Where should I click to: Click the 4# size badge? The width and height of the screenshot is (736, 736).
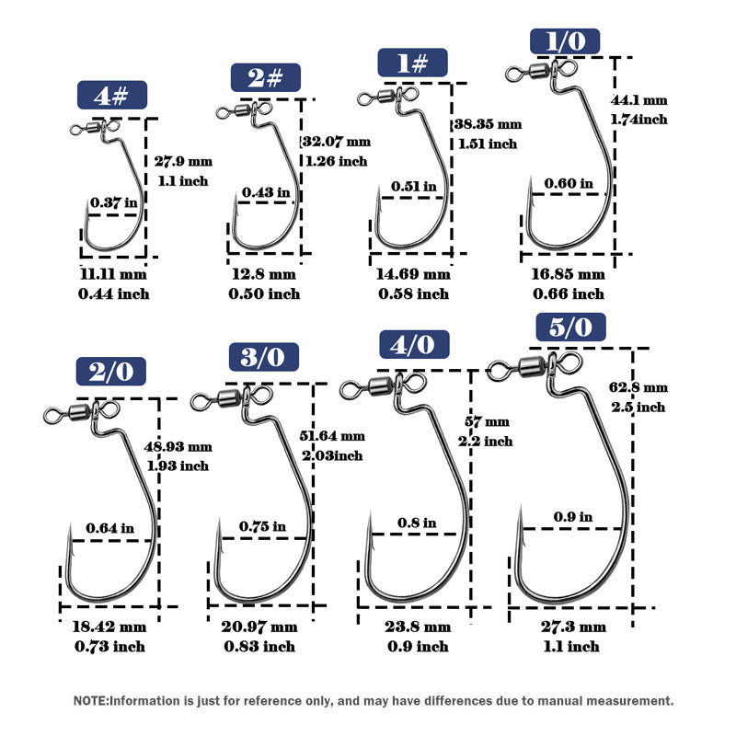coord(112,96)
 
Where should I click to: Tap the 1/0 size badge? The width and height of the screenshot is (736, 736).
coord(565,41)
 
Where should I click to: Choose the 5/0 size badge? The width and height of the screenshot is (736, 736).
coord(571,327)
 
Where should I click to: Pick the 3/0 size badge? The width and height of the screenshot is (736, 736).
coord(264,356)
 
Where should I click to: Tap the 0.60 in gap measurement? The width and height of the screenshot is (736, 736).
coord(569,183)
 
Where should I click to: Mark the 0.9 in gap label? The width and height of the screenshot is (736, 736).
coord(572,517)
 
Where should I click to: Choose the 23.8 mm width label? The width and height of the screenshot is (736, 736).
coord(419,627)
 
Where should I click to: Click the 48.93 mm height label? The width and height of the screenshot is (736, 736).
coord(178,446)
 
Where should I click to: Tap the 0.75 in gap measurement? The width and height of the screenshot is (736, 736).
coord(262,526)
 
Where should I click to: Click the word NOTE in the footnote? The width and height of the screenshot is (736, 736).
coord(90,701)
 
